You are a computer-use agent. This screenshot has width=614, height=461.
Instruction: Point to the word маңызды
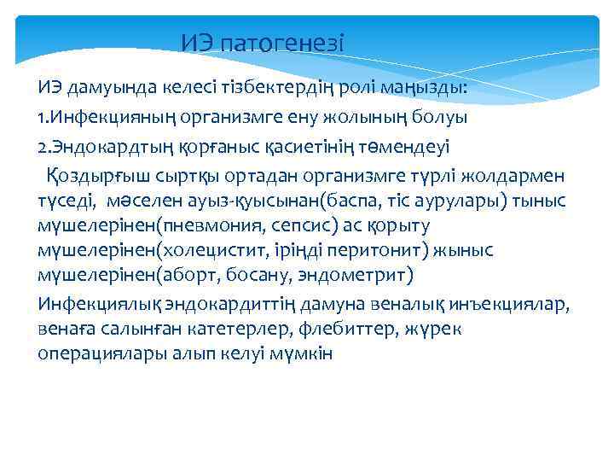[x=433, y=87]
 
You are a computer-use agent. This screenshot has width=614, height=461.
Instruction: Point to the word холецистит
[x=200, y=252]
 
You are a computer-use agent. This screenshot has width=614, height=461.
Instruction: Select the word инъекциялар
[x=515, y=305]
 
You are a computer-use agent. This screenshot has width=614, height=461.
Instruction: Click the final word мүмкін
[x=304, y=353]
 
